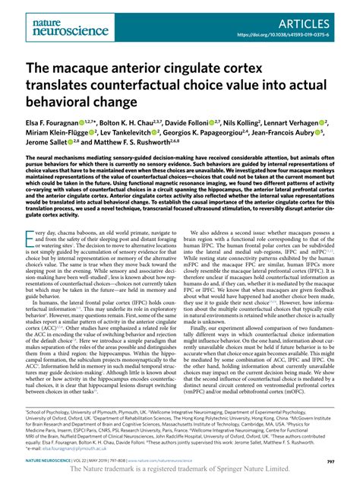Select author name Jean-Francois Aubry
click(x=310, y=133)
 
